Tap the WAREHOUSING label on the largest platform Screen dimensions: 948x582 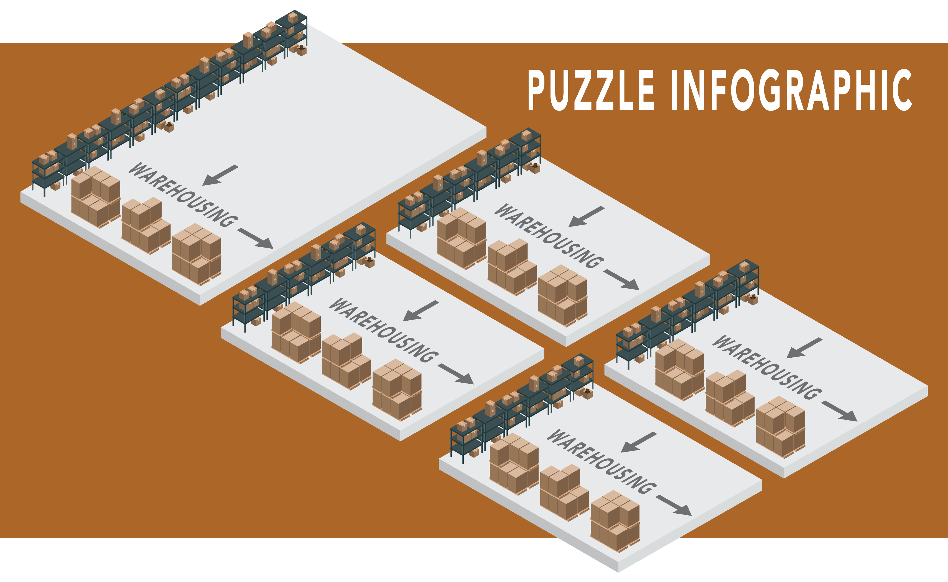tap(183, 194)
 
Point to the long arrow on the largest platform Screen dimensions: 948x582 tap(255, 238)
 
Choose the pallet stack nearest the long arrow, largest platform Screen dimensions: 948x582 tap(197, 254)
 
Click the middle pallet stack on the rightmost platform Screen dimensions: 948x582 tap(730, 399)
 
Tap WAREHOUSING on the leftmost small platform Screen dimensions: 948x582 tap(383, 330)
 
